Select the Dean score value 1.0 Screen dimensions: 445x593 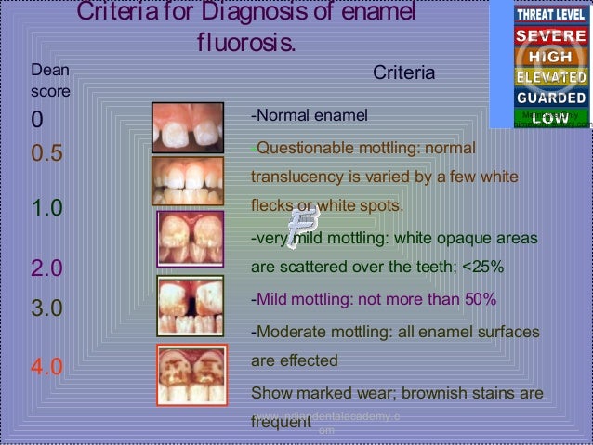(x=47, y=208)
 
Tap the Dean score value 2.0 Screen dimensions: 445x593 (x=47, y=269)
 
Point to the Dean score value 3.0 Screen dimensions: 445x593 (x=47, y=308)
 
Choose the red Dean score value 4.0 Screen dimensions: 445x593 (x=47, y=366)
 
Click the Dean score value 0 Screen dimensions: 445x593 (x=37, y=121)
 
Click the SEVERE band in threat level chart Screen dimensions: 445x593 (x=551, y=36)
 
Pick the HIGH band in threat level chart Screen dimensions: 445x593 (x=551, y=57)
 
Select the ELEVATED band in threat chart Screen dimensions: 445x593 (x=551, y=77)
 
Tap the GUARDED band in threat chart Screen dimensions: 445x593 (x=551, y=98)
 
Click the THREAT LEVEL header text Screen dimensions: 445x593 (x=551, y=15)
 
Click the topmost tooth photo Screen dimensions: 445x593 (x=188, y=127)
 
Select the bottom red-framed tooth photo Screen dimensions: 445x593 (x=191, y=374)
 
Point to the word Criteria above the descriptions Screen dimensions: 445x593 (x=403, y=72)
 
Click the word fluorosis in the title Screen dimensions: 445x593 (x=244, y=43)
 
